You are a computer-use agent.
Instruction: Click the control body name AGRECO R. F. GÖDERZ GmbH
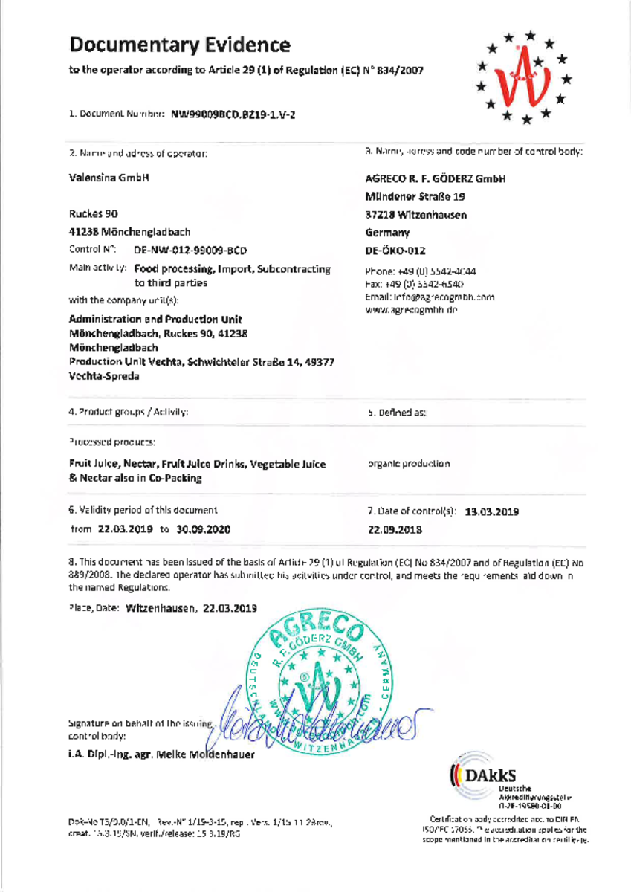click(436, 179)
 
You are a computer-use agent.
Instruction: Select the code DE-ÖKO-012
click(395, 251)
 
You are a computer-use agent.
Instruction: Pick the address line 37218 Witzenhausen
click(416, 215)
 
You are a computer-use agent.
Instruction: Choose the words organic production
click(409, 463)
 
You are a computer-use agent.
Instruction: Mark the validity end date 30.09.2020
click(202, 530)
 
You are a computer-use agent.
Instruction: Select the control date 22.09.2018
click(395, 530)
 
